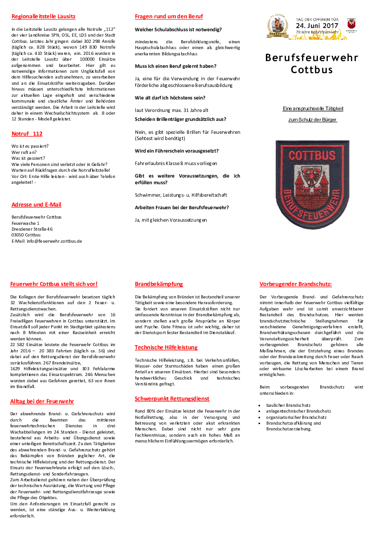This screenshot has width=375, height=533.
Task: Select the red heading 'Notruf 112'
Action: [27, 134]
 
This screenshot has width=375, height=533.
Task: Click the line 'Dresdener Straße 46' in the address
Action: [32, 229]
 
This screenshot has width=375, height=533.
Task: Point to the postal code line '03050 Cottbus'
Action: [26, 235]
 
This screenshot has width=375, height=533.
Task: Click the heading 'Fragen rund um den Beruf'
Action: [169, 17]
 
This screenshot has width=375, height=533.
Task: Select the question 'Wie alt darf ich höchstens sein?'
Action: [170, 98]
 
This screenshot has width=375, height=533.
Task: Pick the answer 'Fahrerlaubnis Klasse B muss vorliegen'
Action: [176, 164]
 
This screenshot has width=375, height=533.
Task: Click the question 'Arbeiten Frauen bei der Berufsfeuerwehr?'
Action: [182, 207]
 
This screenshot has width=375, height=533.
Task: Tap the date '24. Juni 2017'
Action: [317, 26]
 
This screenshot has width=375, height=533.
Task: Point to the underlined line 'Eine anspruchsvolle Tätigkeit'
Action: [313, 108]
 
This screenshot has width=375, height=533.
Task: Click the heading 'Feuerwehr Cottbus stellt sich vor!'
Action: [53, 284]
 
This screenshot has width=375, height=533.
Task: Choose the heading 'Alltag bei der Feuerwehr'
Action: [42, 401]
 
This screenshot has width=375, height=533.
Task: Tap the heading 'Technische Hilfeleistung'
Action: [166, 347]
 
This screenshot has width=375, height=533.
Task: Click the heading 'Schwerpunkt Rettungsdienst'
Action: [172, 399]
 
